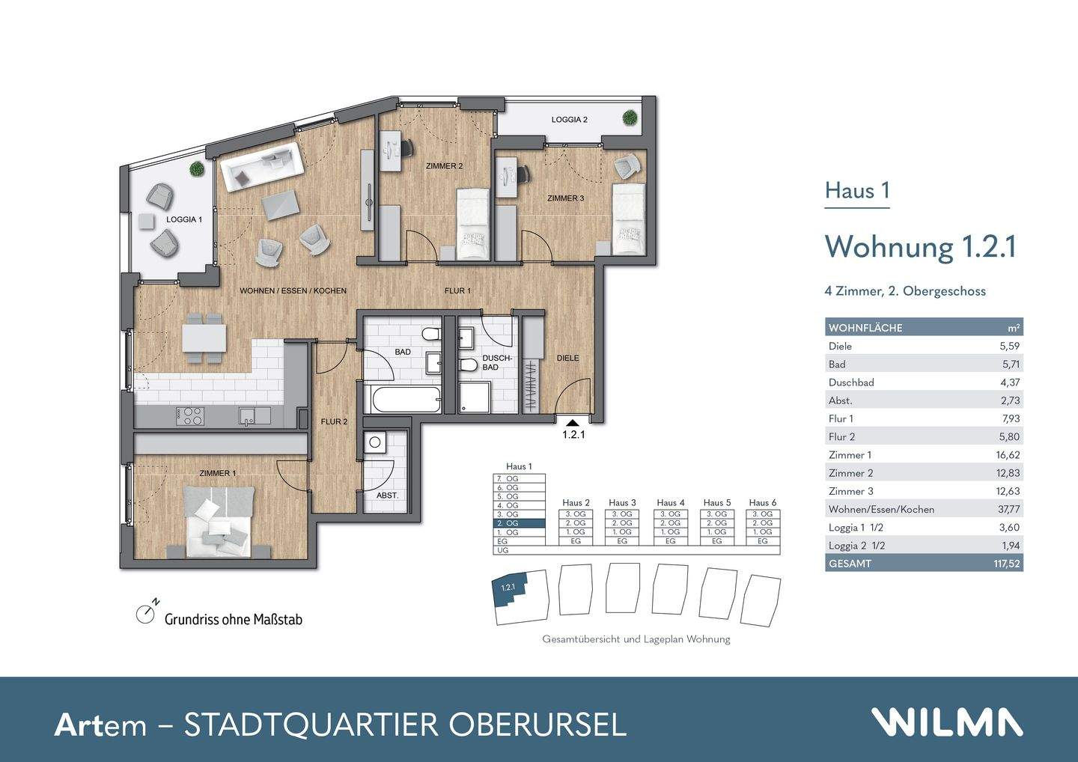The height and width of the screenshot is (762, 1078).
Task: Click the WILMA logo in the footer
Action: [x=946, y=722]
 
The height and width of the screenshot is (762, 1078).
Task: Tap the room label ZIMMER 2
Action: [x=445, y=165]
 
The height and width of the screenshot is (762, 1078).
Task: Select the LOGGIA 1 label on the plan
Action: [x=184, y=219]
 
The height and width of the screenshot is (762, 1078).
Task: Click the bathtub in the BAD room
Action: [x=404, y=398]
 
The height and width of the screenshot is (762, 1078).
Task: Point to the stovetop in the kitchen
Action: [x=190, y=415]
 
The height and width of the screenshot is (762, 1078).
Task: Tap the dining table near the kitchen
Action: [x=204, y=338]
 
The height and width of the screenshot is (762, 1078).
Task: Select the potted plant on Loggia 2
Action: [x=630, y=118]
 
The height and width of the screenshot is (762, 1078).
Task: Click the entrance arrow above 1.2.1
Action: [x=573, y=423]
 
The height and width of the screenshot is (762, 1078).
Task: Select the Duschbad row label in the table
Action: [x=851, y=382]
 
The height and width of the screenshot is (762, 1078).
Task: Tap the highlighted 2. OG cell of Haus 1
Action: [x=519, y=523]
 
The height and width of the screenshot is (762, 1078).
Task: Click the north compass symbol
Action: [x=145, y=614]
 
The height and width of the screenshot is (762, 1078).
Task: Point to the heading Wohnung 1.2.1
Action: [x=920, y=246]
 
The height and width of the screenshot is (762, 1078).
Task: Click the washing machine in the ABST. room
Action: [x=375, y=443]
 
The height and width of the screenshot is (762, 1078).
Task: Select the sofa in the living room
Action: [x=261, y=165]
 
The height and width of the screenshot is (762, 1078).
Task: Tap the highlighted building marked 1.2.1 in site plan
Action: [x=512, y=591]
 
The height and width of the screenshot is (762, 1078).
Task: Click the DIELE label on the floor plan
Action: [x=567, y=358]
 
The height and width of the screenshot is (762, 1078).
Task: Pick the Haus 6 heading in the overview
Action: [x=763, y=502]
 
